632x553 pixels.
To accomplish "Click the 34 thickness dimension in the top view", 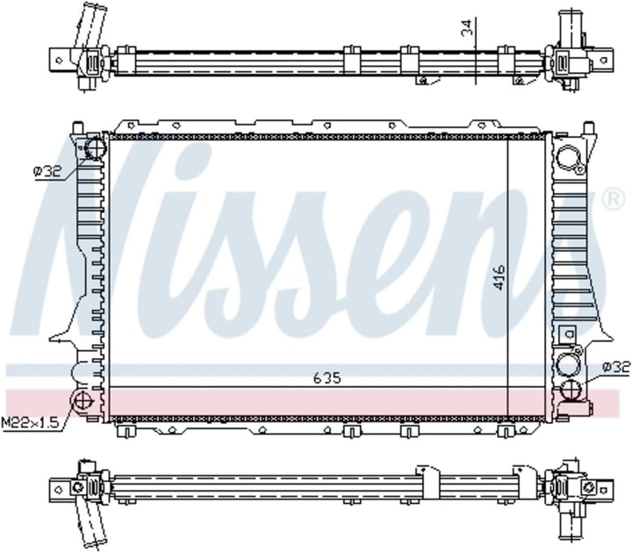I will tap(467, 29).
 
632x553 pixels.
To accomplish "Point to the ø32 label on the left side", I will tap(47, 173).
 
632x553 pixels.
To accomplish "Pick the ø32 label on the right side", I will tap(616, 366).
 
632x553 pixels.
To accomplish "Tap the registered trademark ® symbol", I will tap(611, 201).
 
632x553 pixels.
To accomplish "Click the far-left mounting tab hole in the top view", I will tap(58, 60).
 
